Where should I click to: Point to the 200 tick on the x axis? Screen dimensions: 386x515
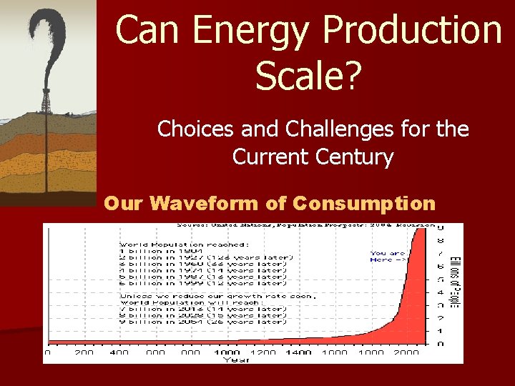coord(83,352)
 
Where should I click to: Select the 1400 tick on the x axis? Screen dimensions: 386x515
coord(298,352)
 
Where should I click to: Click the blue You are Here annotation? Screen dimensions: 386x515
coord(388,257)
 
